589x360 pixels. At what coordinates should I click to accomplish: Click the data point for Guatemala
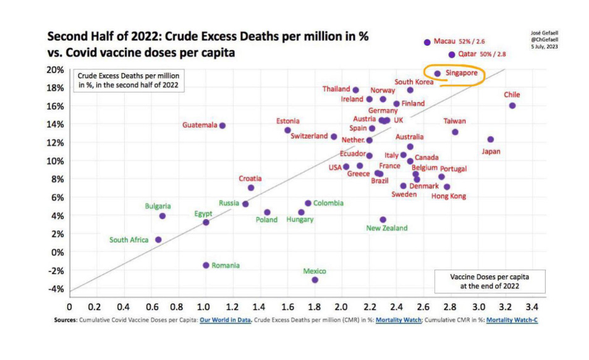tap(222, 126)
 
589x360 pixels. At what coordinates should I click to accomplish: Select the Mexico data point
tap(315, 280)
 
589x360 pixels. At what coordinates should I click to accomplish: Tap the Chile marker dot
tap(512, 106)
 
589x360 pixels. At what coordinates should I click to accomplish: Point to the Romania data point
tap(206, 265)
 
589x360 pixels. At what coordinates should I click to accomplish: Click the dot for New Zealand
tap(383, 220)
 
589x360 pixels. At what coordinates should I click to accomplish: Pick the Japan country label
tap(491, 152)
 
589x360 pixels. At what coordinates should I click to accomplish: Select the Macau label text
tap(444, 41)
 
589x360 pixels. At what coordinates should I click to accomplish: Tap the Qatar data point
tap(452, 55)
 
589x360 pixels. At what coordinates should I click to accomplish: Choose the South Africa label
tap(129, 240)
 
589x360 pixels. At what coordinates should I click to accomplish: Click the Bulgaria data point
tap(163, 216)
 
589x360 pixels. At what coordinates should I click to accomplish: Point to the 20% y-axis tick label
tap(56, 69)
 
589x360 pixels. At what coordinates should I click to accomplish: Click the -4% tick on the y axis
tap(56, 289)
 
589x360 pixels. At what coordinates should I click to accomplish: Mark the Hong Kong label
tap(449, 197)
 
